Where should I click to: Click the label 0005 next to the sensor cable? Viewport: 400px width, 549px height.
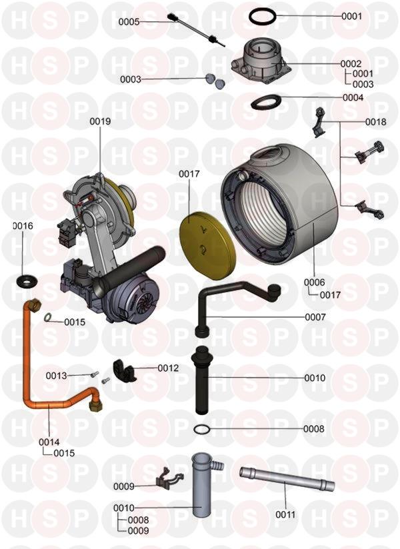pyautogui.click(x=129, y=22)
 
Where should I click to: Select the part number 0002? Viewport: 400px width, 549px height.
pyautogui.click(x=351, y=64)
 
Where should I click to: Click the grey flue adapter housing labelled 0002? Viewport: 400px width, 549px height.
pyautogui.click(x=261, y=61)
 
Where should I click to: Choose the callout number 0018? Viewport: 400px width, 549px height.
pyautogui.click(x=376, y=122)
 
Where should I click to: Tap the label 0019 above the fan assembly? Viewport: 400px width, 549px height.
pyautogui.click(x=100, y=121)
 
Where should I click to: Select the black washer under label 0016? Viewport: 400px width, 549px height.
pyautogui.click(x=27, y=280)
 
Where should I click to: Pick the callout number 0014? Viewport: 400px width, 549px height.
pyautogui.click(x=49, y=442)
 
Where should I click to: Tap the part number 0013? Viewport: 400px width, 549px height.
pyautogui.click(x=56, y=376)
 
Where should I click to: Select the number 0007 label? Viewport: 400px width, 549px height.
pyautogui.click(x=315, y=317)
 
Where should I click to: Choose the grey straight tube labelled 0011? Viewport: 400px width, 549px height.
pyautogui.click(x=287, y=478)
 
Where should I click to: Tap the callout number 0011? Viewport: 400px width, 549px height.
pyautogui.click(x=285, y=514)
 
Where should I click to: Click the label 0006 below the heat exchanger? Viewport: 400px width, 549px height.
pyautogui.click(x=314, y=282)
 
